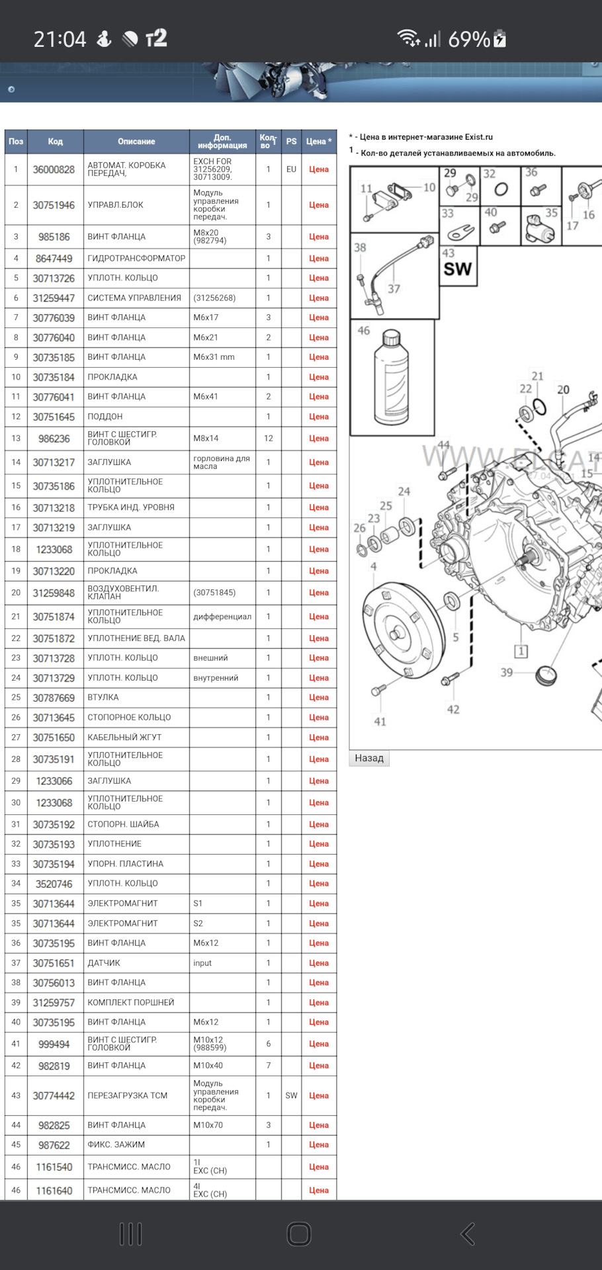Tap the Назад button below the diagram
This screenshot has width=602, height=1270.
(369, 758)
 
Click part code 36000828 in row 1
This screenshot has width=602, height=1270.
(54, 169)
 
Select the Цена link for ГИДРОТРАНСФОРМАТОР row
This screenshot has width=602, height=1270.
(318, 259)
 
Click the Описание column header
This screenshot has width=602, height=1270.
(136, 142)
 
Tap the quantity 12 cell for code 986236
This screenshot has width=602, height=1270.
(268, 439)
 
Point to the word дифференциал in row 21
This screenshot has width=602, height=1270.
(222, 616)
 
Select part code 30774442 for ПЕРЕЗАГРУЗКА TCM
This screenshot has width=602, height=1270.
(54, 1095)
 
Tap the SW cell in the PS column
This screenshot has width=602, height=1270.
(291, 1095)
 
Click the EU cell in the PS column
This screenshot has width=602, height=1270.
(291, 169)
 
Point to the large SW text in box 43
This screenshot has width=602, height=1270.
(458, 269)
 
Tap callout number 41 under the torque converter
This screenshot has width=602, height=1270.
(380, 722)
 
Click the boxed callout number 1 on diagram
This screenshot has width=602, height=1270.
(521, 652)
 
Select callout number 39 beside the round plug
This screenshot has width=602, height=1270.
(507, 672)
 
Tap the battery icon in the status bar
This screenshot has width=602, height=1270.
(500, 40)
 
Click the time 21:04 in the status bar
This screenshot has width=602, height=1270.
(60, 40)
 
